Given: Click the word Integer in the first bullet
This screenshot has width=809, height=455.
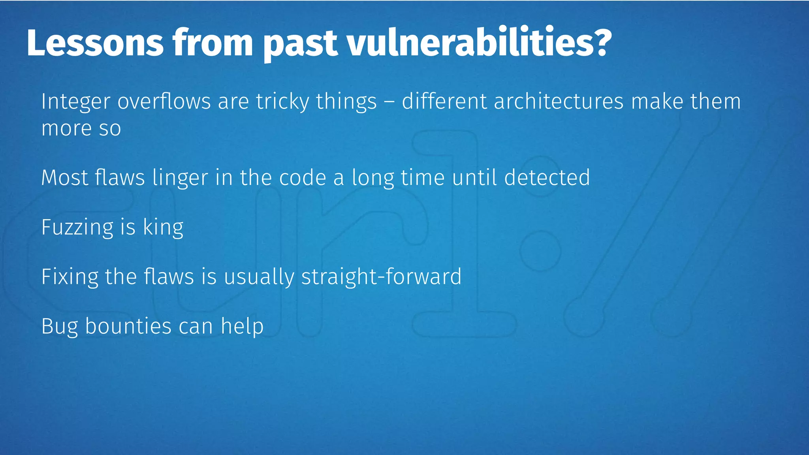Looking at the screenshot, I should click(x=75, y=102).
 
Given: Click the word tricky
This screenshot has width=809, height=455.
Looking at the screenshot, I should click(x=282, y=102).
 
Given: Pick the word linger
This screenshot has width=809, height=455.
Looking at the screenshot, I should click(x=180, y=178).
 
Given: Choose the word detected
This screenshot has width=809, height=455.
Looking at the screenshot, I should click(x=547, y=177).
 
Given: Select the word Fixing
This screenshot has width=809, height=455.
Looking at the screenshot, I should click(x=70, y=277).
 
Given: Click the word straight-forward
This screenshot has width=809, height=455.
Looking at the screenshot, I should click(x=381, y=277).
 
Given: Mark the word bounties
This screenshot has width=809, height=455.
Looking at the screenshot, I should click(x=128, y=326).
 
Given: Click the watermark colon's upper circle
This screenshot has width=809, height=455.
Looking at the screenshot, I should click(x=540, y=251).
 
